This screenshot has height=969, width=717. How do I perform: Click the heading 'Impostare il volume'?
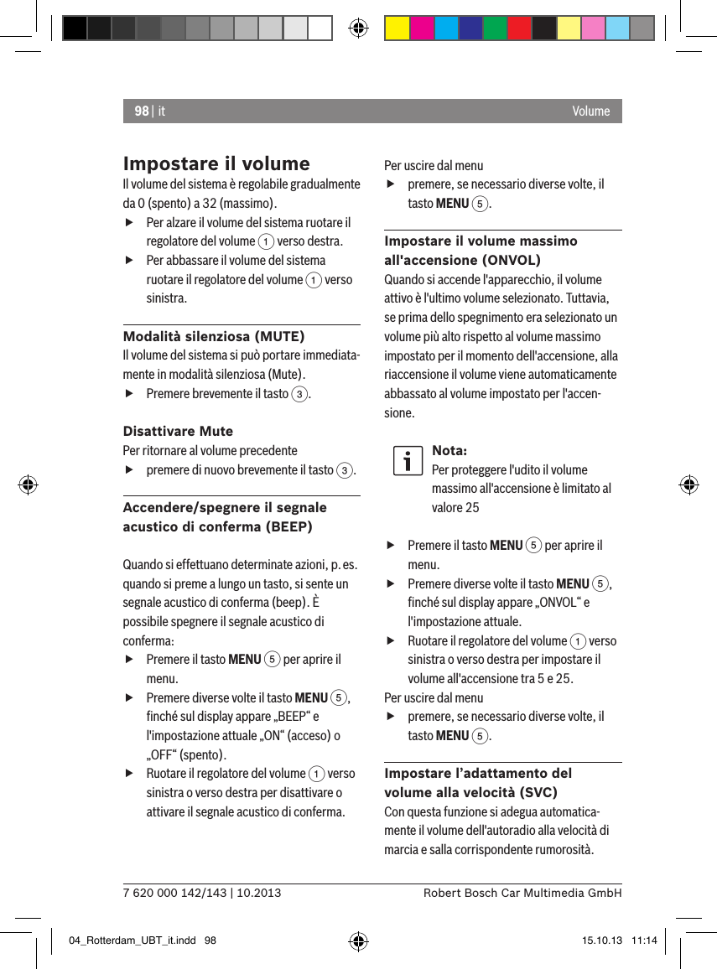point(216,163)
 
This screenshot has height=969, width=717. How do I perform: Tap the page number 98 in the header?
point(141,111)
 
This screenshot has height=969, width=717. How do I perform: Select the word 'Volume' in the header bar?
point(591,111)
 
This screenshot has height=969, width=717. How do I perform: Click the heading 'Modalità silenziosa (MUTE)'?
point(214,336)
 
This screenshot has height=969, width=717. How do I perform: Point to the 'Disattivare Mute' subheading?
point(178,431)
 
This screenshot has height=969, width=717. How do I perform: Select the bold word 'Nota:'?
point(449,451)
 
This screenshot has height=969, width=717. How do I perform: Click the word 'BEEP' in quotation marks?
point(295,717)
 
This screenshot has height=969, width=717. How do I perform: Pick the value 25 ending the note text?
point(472,507)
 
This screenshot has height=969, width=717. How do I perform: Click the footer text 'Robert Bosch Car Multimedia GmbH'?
point(522,893)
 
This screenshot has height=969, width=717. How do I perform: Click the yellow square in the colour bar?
point(397,28)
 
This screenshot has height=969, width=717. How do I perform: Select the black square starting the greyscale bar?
point(75,28)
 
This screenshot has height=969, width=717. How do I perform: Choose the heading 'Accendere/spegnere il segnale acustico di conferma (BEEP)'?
point(225,517)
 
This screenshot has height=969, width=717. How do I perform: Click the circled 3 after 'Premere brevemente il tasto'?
point(299,394)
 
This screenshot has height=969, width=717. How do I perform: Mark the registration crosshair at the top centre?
point(358,28)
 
